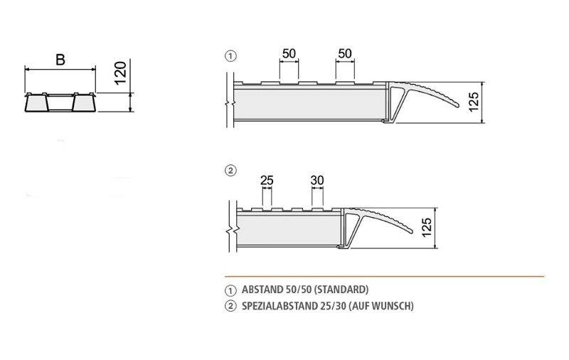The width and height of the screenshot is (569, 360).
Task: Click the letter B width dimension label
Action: (x=60, y=60)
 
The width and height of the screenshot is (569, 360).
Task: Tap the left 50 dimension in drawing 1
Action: (x=289, y=54)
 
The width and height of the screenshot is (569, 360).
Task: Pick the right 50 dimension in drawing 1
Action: (x=345, y=54)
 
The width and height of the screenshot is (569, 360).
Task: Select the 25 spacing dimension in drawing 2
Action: (x=267, y=181)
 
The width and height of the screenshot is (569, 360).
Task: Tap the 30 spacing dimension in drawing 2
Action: (x=317, y=181)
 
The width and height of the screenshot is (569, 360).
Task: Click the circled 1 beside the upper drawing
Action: (x=230, y=55)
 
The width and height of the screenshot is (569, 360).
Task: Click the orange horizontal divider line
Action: (x=384, y=275)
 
